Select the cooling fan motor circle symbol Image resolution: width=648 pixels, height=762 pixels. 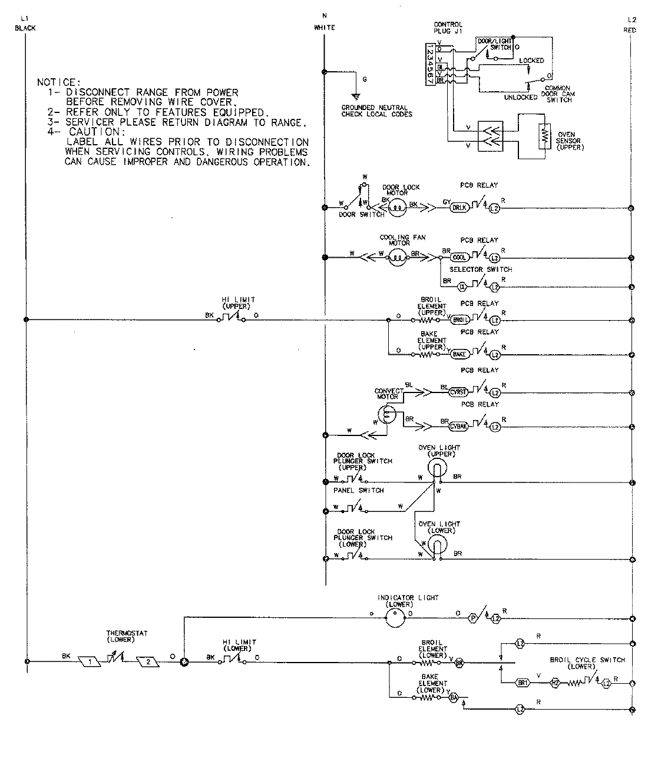click(x=398, y=258)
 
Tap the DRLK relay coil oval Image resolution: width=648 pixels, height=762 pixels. click(x=458, y=208)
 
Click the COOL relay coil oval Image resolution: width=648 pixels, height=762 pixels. click(x=459, y=258)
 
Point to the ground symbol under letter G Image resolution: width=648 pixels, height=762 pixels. click(x=356, y=95)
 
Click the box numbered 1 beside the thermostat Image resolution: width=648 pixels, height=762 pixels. click(x=90, y=661)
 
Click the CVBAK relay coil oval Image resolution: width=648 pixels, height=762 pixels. click(x=459, y=426)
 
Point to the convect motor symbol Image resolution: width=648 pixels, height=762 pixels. click(x=386, y=416)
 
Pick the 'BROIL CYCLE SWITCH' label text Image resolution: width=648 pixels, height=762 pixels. click(x=586, y=660)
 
